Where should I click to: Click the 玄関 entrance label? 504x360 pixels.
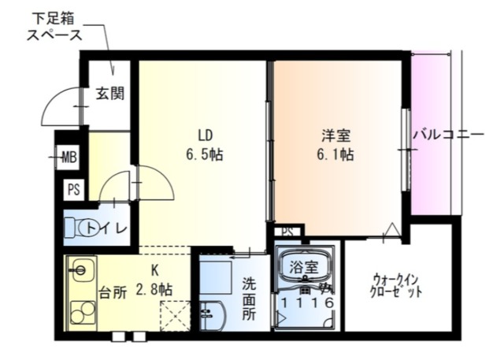[110, 95]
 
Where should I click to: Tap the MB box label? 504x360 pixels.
[69, 158]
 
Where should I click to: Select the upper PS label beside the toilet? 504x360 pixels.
[73, 189]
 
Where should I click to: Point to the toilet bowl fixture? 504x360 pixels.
[76, 228]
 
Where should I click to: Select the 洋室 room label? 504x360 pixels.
[335, 133]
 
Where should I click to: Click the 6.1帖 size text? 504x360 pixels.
[335, 154]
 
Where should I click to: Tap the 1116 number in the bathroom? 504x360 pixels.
[307, 302]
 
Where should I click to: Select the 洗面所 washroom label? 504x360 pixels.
[249, 297]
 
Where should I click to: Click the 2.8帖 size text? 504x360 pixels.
[154, 289]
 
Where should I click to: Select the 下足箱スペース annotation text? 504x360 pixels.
[54, 26]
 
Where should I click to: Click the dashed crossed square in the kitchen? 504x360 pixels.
[176, 317]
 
